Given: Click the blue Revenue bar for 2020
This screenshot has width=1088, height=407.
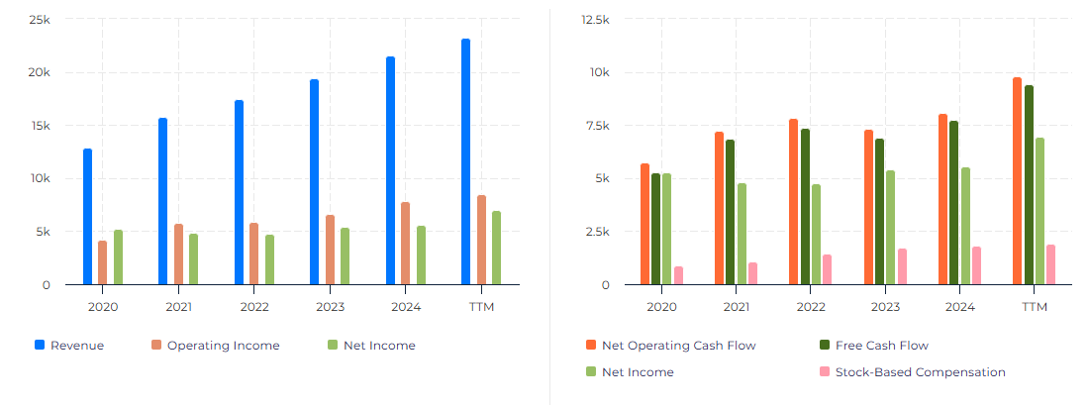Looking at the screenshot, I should pyautogui.click(x=87, y=217).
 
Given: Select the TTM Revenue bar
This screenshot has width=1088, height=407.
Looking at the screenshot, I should pyautogui.click(x=465, y=162).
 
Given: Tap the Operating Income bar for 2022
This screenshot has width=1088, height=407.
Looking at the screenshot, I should pyautogui.click(x=254, y=254).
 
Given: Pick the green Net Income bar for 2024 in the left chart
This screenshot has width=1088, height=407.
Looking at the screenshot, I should pyautogui.click(x=421, y=255).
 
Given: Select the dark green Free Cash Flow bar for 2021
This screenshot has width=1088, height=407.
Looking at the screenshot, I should pyautogui.click(x=731, y=212).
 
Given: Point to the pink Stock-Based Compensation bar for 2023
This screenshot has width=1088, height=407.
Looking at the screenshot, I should pyautogui.click(x=902, y=266).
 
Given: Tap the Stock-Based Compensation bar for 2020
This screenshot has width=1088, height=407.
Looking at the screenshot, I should pyautogui.click(x=678, y=275).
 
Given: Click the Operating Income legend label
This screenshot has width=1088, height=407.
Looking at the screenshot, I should pyautogui.click(x=223, y=346).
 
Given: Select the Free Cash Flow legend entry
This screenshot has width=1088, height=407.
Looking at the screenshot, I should pyautogui.click(x=881, y=346).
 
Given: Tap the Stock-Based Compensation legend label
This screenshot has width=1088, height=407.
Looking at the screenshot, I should pyautogui.click(x=920, y=372).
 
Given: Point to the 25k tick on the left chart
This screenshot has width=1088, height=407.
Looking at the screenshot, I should pyautogui.click(x=40, y=20).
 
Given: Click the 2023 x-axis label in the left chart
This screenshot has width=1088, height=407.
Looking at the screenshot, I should pyautogui.click(x=331, y=307).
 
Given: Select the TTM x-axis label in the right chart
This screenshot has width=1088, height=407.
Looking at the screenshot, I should pyautogui.click(x=1034, y=307).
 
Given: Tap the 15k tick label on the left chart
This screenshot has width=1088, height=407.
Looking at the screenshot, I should pyautogui.click(x=40, y=126).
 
